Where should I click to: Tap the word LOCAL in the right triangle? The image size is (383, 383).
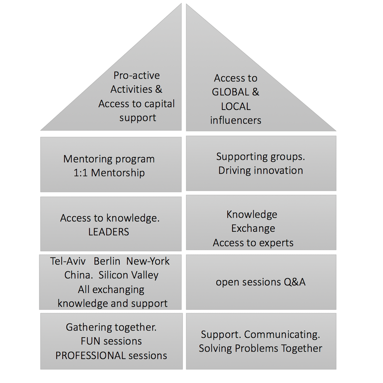236,106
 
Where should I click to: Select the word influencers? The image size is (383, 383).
236,121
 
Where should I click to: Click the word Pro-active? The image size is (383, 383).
137,75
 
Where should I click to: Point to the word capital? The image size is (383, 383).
159,104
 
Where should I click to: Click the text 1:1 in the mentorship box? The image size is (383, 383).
80,173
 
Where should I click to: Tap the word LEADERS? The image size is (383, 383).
109,232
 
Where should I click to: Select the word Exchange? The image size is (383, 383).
253,229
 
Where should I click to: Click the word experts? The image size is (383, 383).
276,243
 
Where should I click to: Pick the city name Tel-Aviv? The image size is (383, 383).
68,262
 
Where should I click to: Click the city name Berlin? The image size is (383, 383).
107,262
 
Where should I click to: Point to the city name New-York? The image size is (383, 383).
148,262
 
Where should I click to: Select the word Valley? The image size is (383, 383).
142,275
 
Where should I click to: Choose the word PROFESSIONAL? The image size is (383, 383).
90,356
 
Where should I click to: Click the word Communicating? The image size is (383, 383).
282,335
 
